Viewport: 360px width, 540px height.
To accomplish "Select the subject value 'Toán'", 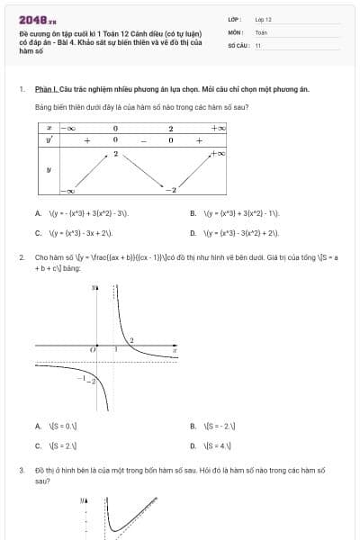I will (x=261, y=31).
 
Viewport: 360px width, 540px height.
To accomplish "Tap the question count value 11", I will (x=258, y=45).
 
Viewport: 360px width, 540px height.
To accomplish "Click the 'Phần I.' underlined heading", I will (x=46, y=89).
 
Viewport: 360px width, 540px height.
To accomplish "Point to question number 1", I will (x=22, y=89).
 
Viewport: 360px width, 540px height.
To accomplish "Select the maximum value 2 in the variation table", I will (x=115, y=155).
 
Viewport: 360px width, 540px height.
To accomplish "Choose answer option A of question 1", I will (x=39, y=214).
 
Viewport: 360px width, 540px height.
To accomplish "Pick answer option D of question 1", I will (x=193, y=232).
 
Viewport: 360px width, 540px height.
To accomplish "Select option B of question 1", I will (x=193, y=214).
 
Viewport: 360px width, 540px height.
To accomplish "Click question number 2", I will (x=22, y=257).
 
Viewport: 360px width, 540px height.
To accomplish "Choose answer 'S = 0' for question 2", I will (x=39, y=426).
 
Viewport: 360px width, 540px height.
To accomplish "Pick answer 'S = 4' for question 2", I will (x=193, y=445).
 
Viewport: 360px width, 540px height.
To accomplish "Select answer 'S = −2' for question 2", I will (x=193, y=426).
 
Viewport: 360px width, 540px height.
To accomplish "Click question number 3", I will (x=22, y=470).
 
